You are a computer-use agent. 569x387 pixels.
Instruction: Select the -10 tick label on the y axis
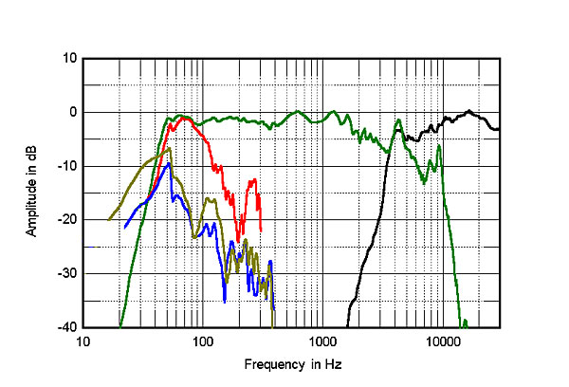point(68,166)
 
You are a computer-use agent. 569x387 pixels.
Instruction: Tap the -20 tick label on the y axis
point(68,220)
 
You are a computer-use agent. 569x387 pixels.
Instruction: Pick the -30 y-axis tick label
point(68,274)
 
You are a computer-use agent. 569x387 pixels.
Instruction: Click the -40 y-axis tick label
point(68,328)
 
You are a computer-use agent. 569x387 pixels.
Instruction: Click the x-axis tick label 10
point(83,341)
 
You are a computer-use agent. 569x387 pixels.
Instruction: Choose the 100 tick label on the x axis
point(202,341)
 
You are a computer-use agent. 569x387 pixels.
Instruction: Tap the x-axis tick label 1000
point(322,341)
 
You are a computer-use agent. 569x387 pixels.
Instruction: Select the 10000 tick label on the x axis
point(442,341)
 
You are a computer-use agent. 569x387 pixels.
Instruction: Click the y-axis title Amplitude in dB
point(33,193)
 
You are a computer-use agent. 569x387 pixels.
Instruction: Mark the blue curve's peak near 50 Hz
point(169,163)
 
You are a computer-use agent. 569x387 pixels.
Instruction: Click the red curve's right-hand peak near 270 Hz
point(253,179)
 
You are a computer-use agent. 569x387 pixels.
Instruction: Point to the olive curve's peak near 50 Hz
point(169,148)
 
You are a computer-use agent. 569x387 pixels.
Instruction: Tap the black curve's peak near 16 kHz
point(468,111)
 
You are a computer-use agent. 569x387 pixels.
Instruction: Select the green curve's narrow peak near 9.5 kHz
point(439,146)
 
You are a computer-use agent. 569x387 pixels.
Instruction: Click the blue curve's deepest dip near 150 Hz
point(225,302)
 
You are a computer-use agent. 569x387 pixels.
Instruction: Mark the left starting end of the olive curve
point(109,220)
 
